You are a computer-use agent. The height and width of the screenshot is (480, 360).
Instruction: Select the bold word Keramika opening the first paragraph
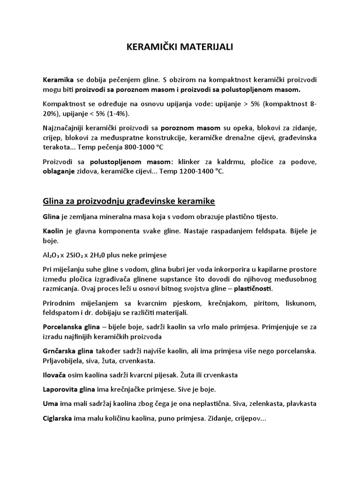[58, 80]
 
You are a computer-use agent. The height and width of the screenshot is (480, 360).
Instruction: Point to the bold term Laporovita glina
[68, 390]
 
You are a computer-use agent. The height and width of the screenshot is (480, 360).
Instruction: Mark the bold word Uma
[50, 404]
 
